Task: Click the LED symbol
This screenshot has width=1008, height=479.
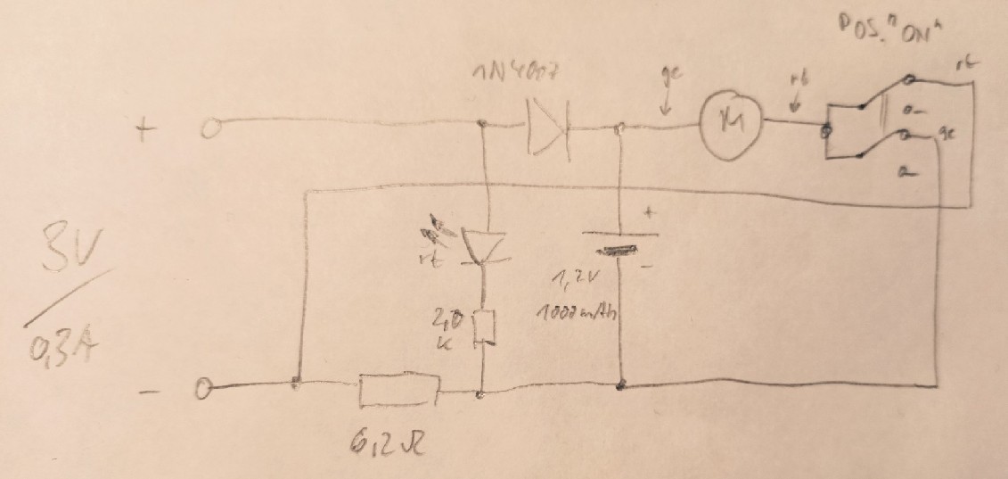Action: (x=481, y=244)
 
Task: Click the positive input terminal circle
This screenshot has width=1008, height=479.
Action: (x=209, y=130)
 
